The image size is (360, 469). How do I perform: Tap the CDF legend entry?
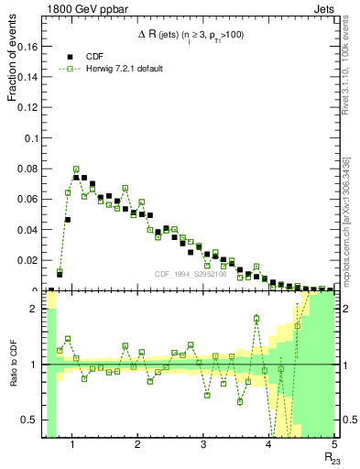point(91,56)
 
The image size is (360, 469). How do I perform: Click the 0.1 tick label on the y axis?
point(32,138)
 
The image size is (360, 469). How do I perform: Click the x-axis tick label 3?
point(203,445)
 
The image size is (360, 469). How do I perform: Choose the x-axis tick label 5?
point(334,445)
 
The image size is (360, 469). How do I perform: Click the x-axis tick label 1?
point(71,445)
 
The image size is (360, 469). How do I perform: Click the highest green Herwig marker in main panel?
point(76,169)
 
